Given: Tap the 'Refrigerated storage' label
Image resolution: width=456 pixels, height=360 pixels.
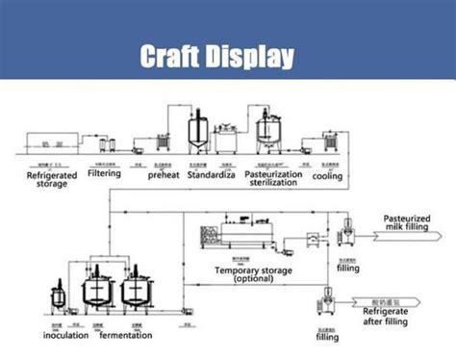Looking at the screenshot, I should pyautogui.click(x=46, y=179).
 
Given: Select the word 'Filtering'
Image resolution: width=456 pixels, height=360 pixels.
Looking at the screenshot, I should pyautogui.click(x=104, y=174).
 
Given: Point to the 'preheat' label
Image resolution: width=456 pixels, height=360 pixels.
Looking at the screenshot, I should pyautogui.click(x=159, y=175).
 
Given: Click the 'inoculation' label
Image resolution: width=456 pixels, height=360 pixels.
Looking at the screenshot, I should pyautogui.click(x=66, y=335).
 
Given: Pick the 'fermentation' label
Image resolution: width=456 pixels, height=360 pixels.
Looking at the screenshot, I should pyautogui.click(x=124, y=335).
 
